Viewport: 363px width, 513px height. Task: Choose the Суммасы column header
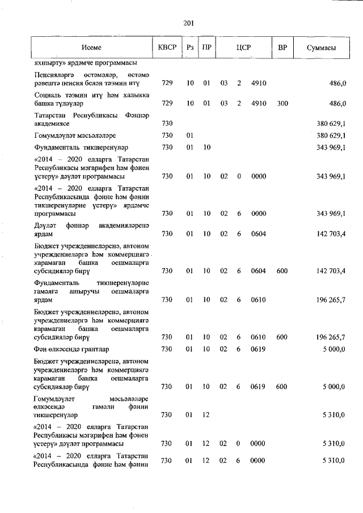[x=321, y=48]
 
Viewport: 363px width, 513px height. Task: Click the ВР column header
[x=282, y=48]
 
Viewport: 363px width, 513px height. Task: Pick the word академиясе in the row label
[x=52, y=123]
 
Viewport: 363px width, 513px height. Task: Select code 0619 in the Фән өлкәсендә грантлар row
[x=258, y=349]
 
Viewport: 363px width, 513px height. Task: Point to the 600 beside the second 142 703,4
[x=282, y=271]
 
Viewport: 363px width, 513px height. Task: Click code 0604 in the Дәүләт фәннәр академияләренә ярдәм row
[x=258, y=234]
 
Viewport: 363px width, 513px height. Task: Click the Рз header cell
[x=190, y=48]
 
